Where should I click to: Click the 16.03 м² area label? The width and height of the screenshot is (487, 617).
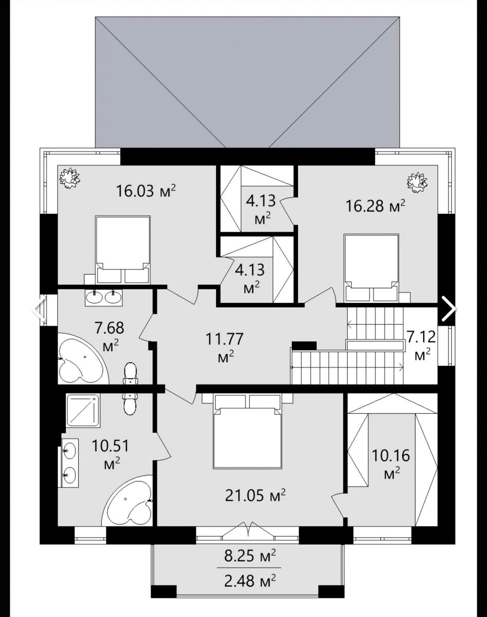pos(145,191)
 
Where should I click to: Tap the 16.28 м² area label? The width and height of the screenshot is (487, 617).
pos(376,206)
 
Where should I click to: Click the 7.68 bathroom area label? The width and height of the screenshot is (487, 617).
pos(110,336)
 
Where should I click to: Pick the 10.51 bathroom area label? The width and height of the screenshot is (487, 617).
pos(110,454)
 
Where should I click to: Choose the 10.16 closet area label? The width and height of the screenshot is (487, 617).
pos(391,464)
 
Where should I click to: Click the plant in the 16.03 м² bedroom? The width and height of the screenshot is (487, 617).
pos(70,178)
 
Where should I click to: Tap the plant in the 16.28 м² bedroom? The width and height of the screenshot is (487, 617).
pos(418,183)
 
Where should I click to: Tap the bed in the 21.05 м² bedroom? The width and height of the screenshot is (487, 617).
pos(247,431)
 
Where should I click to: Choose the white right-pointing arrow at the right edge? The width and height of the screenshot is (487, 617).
pos(448,309)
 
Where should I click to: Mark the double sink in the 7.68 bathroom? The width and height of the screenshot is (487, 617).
pos(103,297)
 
